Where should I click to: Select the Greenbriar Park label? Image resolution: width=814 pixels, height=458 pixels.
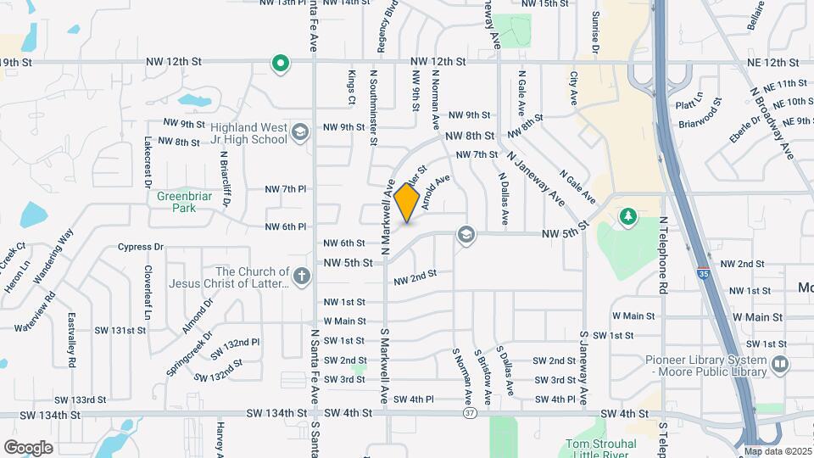(176, 202)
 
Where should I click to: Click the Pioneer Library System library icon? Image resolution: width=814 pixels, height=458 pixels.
(779, 365)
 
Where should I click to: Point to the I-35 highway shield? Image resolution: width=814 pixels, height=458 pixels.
(704, 275)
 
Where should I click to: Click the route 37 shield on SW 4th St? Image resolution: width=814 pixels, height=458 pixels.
(469, 413)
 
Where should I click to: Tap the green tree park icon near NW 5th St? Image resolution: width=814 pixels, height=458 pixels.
(627, 218)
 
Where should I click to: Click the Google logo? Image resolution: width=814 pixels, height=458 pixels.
(28, 447)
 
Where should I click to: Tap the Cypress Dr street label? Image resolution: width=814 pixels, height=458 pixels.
(141, 247)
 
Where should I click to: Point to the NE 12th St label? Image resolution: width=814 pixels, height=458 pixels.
(766, 62)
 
